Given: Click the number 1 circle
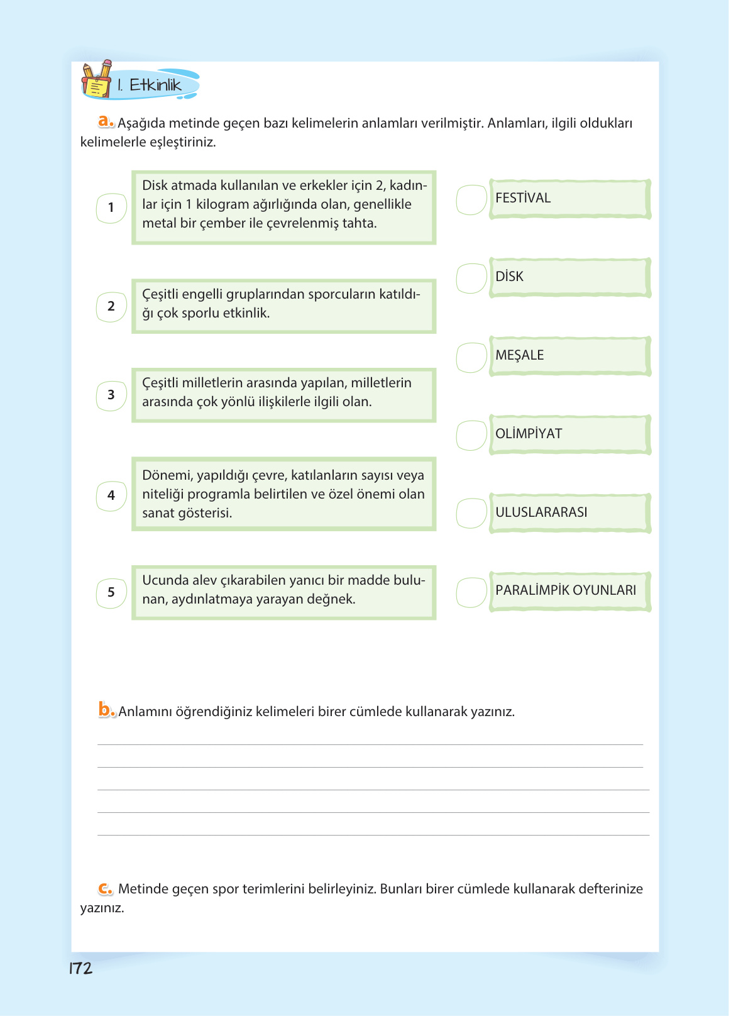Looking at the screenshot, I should [x=111, y=208].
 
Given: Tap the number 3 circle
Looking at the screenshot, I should [x=111, y=395].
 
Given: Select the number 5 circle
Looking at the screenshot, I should [x=111, y=593].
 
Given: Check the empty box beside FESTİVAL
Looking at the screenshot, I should [x=471, y=200].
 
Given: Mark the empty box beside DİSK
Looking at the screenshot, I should [x=471, y=279].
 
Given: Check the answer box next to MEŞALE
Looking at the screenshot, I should [x=471, y=357].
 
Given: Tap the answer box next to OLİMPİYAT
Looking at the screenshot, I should [x=471, y=436].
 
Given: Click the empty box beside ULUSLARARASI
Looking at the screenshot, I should [x=471, y=514].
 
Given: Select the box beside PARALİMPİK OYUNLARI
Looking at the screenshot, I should [x=471, y=592].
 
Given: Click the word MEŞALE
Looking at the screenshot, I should [x=519, y=355].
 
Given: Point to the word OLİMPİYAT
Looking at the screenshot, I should [x=528, y=434].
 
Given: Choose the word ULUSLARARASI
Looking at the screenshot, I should [x=541, y=512].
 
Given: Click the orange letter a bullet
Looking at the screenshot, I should [x=106, y=121].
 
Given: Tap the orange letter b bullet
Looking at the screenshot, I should [x=106, y=710].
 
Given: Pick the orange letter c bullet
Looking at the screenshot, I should [x=105, y=888].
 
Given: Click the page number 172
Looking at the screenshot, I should [x=80, y=968].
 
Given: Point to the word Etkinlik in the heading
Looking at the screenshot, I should [x=155, y=85].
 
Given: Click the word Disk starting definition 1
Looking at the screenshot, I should [x=155, y=185].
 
